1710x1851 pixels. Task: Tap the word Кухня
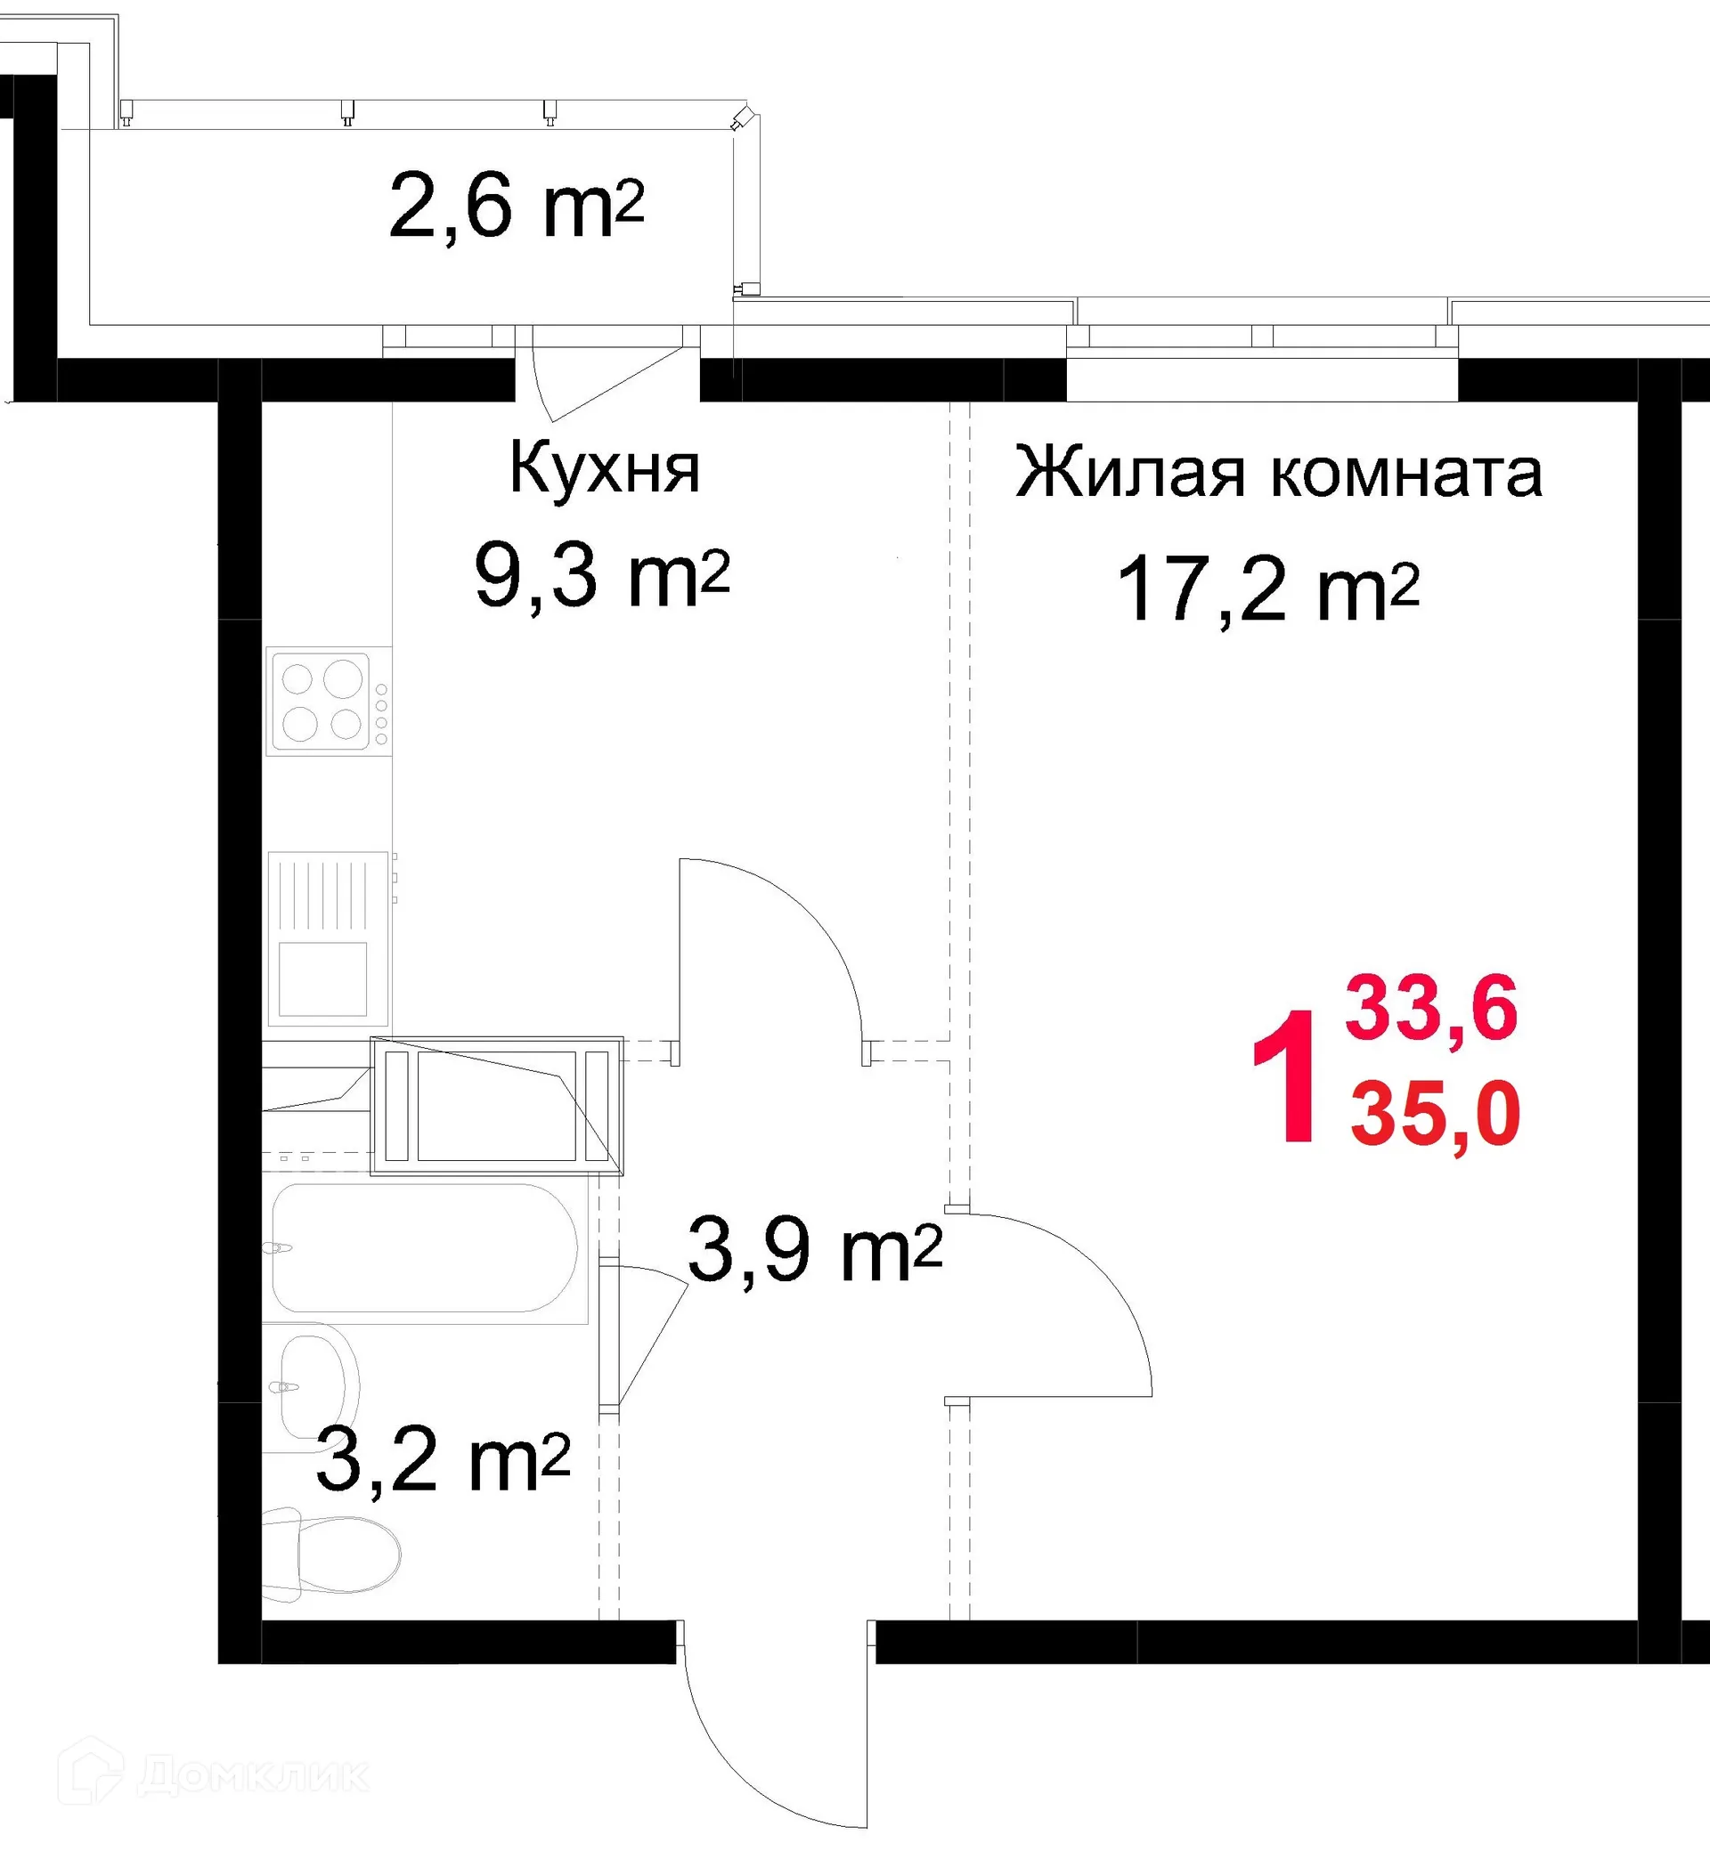click(x=604, y=469)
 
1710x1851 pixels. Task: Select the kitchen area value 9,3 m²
click(x=601, y=576)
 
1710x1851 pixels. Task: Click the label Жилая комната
click(x=1278, y=473)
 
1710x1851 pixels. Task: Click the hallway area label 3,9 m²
click(x=813, y=1251)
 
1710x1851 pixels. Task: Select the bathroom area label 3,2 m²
click(x=442, y=1462)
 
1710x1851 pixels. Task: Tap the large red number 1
click(x=1284, y=1078)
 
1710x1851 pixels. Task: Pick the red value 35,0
click(x=1434, y=1115)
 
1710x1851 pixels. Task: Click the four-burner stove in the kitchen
click(x=327, y=702)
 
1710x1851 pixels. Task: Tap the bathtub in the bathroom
click(x=426, y=1249)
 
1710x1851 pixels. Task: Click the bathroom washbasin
click(x=314, y=1384)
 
